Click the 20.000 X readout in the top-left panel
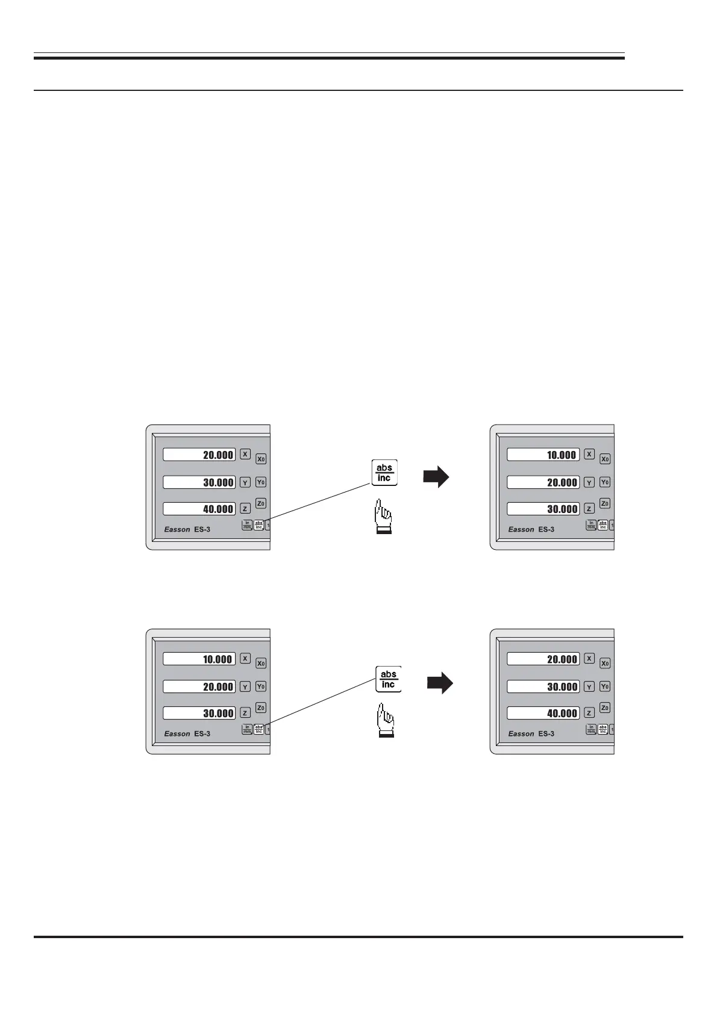tap(199, 455)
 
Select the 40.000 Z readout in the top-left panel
tap(199, 509)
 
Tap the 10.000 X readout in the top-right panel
tap(543, 455)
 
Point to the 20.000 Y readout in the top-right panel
tap(543, 482)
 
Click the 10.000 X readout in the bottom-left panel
tap(199, 659)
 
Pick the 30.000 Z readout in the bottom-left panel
tap(199, 713)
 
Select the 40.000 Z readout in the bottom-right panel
tap(543, 713)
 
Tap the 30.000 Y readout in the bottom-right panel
tap(543, 686)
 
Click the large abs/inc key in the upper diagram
tap(384, 473)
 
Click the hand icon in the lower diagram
tap(386, 720)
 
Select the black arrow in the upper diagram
tap(436, 477)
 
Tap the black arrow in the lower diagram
tap(440, 683)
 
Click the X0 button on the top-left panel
tap(261, 459)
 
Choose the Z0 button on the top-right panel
tap(605, 503)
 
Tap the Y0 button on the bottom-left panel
tap(261, 686)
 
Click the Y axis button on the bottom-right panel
tap(589, 686)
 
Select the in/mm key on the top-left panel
tap(247, 525)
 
